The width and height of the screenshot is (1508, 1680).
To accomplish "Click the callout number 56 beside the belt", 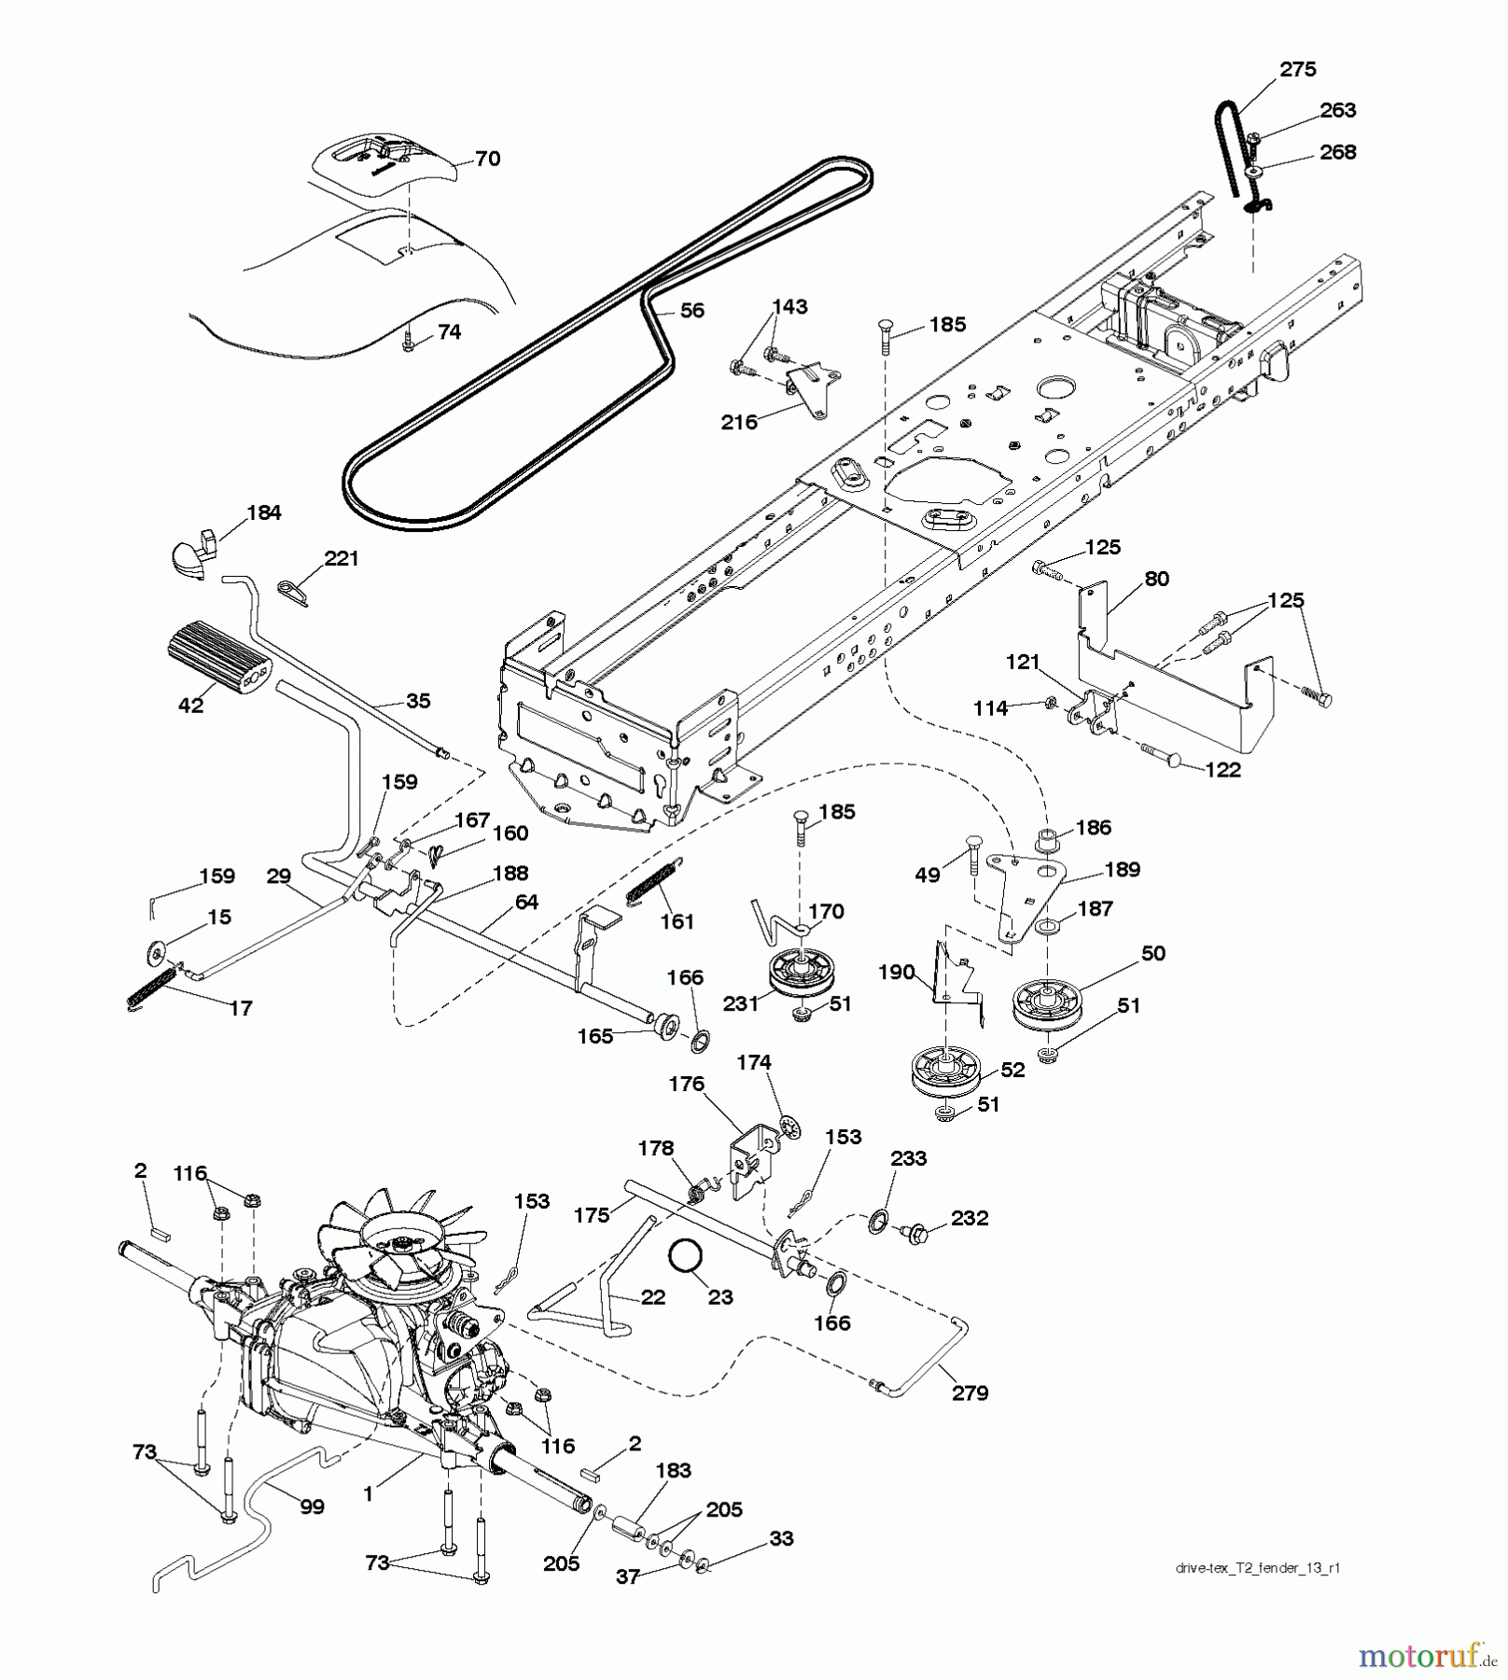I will click(691, 310).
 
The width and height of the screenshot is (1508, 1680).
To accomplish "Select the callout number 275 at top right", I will click(1297, 69).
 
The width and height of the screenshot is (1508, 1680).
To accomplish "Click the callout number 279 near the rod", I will click(970, 1393).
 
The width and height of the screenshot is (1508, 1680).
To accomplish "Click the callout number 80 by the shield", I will click(1156, 579).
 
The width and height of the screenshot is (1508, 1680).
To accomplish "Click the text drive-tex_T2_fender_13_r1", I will click(1258, 1568).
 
